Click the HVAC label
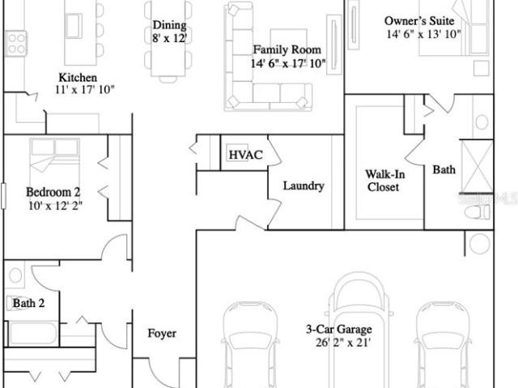pos(245,155)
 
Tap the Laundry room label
pos(304,185)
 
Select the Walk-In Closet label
pos(385,181)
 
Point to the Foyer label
pos(162,333)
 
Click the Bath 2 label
pos(28,303)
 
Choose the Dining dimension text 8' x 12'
pos(169,38)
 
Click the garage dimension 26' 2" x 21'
pos(342,343)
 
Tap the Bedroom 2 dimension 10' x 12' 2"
pos(55,206)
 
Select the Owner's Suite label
pos(419,21)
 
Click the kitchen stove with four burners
pos(16,43)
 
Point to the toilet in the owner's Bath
pos(478,211)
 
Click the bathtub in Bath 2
pos(32,333)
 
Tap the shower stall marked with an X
pos(478,166)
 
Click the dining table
pos(168,38)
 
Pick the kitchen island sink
pos(74,26)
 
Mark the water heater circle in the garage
pos(479,243)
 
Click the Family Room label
pos(287,49)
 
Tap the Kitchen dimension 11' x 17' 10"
pos(85,90)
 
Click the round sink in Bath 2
pos(15,275)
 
